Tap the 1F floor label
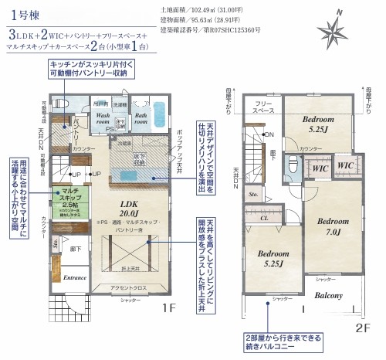[169, 307]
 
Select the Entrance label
[74, 277]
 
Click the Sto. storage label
[253, 196]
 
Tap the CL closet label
[263, 218]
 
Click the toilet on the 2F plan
[293, 165]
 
